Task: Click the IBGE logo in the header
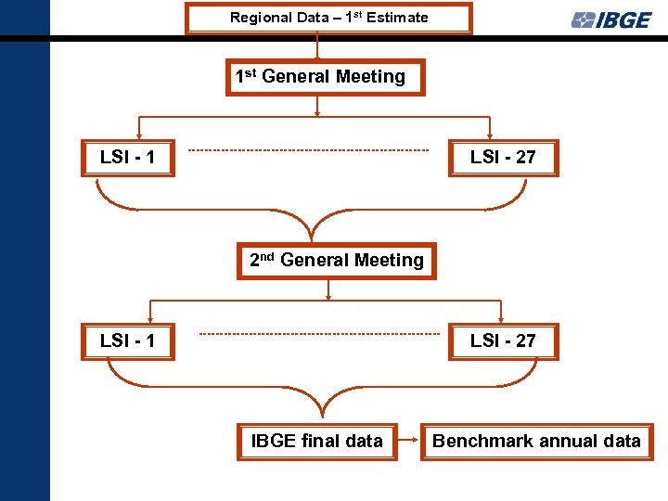611,19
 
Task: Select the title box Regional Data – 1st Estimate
328,19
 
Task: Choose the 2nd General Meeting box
337,261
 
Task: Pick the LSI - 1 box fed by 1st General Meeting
127,157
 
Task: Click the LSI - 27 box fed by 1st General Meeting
503,157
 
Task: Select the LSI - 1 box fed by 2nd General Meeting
127,340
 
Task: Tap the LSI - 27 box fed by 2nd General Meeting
503,340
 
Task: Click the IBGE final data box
317,442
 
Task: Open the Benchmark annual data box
536,442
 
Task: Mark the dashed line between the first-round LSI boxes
309,150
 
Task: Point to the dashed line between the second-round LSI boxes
320,334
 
